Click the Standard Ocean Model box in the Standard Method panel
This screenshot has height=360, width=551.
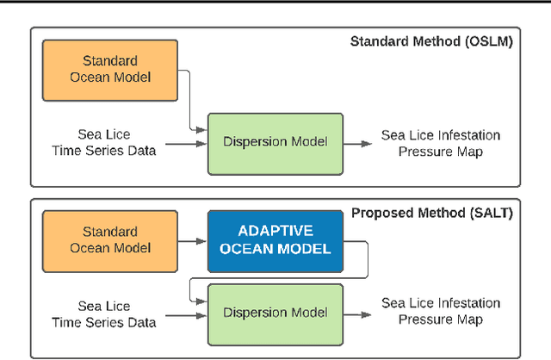(116, 68)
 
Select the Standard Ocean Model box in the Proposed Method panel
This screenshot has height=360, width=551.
(116, 239)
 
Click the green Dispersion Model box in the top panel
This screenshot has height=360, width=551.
(275, 143)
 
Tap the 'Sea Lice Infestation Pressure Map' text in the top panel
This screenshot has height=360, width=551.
(442, 143)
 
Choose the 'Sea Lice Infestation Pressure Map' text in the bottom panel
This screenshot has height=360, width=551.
(442, 312)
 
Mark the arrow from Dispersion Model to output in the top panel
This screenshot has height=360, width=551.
(360, 143)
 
